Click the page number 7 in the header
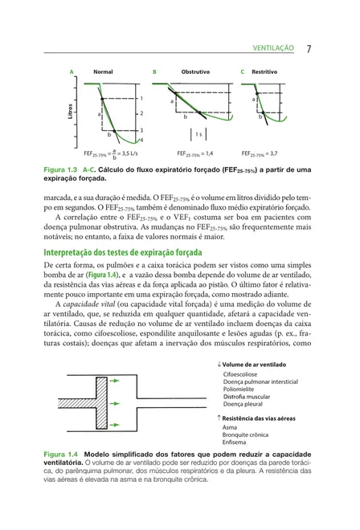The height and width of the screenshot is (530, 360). coord(309,48)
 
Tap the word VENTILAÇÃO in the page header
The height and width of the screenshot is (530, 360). coord(274,49)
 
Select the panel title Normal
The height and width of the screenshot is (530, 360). coord(103,72)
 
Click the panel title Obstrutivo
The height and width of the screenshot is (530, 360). coord(195,72)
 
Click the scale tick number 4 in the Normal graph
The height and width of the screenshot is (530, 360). coord(142,141)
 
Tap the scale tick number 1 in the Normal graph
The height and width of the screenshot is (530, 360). coord(142,98)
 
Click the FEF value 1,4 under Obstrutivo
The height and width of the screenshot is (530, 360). coord(207,153)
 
